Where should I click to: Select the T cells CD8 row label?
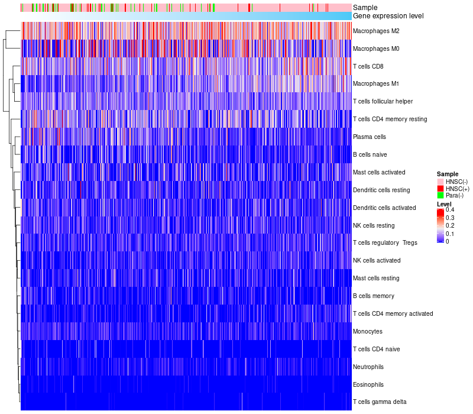[368, 66]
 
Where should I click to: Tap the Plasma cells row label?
[370, 137]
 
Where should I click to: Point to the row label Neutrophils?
[368, 367]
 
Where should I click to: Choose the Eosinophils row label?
[368, 384]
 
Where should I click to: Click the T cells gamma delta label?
[380, 402]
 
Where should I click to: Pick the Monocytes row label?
[368, 331]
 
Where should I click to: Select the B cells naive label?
[370, 154]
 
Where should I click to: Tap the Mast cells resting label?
[376, 278]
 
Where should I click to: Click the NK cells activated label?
[377, 260]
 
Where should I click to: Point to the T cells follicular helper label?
[383, 102]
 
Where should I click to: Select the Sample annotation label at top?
[365, 7]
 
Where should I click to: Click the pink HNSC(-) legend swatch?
[440, 181]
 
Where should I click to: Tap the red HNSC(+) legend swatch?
[440, 188]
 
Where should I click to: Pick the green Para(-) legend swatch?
[440, 195]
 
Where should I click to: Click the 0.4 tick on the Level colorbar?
[450, 210]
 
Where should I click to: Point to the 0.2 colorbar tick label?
[450, 226]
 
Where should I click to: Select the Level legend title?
[444, 203]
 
